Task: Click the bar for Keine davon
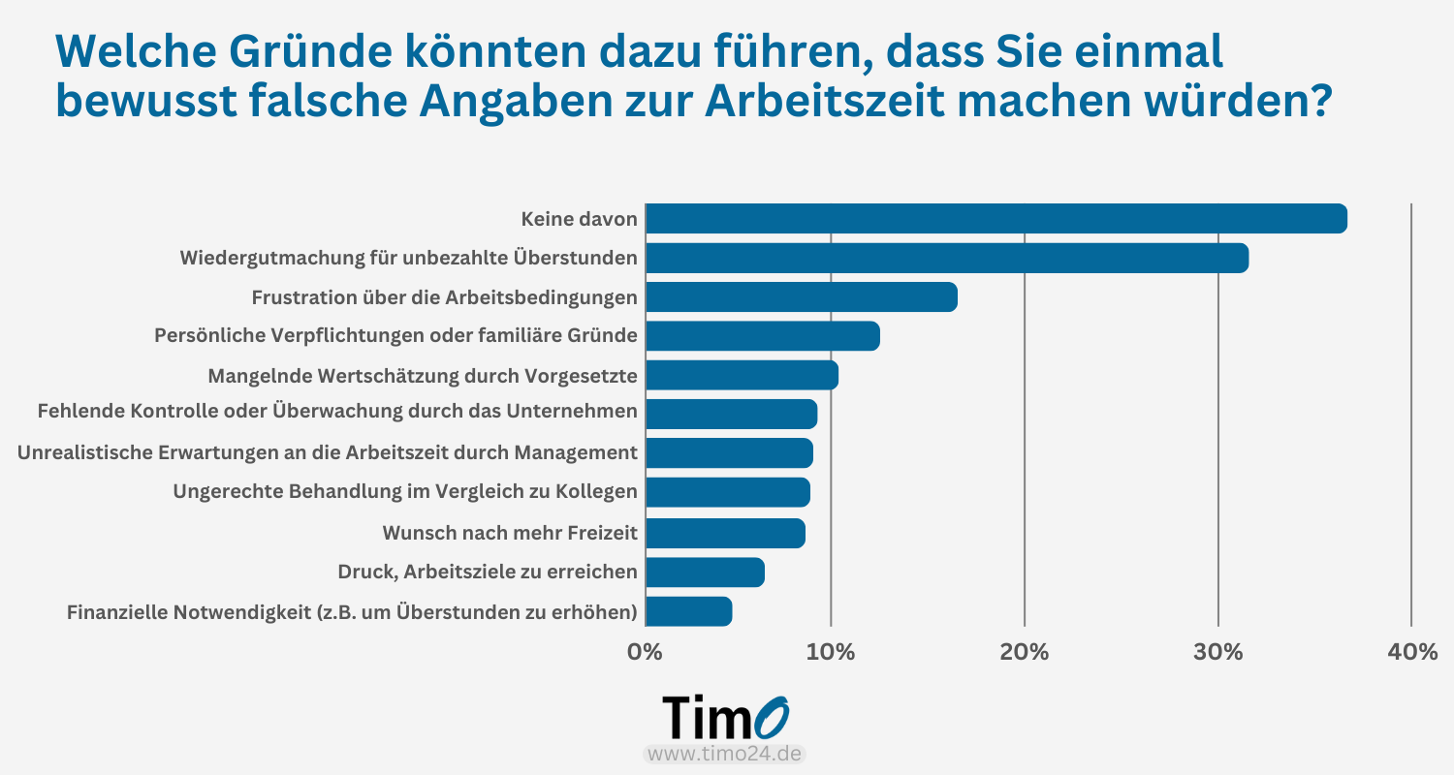pyautogui.click(x=996, y=219)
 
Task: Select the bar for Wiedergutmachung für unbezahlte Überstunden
pyautogui.click(x=946, y=259)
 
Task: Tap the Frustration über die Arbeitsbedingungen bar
pyautogui.click(x=801, y=297)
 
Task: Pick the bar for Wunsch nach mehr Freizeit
pyautogui.click(x=725, y=533)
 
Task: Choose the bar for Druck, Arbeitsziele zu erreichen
pyautogui.click(x=705, y=573)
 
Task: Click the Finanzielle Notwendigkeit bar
pyautogui.click(x=688, y=611)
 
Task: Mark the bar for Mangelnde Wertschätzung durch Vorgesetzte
pyautogui.click(x=742, y=375)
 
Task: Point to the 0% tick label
pyautogui.click(x=646, y=652)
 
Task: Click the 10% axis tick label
pyautogui.click(x=831, y=652)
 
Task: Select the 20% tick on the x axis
pyautogui.click(x=1025, y=652)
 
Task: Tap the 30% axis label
pyautogui.click(x=1218, y=652)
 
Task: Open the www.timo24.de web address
pyautogui.click(x=725, y=754)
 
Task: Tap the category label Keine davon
pyautogui.click(x=580, y=220)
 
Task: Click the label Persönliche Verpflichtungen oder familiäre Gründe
pyautogui.click(x=395, y=336)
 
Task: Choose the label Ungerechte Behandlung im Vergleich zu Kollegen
pyautogui.click(x=405, y=492)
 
